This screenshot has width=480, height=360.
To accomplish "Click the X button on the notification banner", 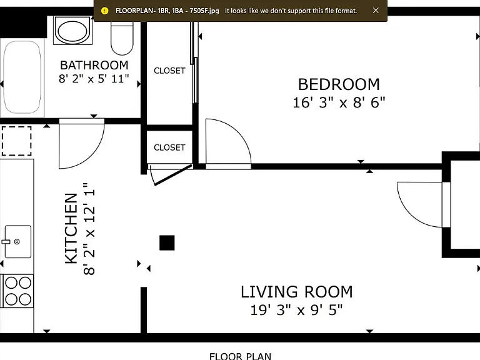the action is tap(376, 11).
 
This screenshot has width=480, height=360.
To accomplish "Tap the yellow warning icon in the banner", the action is tap(105, 11).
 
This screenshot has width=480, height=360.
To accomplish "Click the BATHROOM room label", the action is tap(94, 65).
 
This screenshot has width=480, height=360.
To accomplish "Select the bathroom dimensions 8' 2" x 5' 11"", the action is tap(94, 79).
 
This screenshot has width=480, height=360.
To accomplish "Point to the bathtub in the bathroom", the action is tap(22, 77).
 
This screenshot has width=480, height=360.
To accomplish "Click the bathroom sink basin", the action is tap(72, 31).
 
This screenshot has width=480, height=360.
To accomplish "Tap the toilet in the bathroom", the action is tap(122, 38).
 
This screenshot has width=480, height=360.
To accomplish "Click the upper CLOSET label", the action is tap(169, 71).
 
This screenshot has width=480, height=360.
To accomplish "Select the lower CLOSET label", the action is tap(169, 147).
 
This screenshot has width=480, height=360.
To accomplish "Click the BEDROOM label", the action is tap(339, 84).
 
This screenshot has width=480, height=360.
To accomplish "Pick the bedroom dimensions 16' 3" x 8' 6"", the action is tap(339, 102).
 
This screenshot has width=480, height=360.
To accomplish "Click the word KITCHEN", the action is tap(71, 228).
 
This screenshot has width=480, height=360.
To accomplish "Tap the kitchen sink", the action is tap(18, 241).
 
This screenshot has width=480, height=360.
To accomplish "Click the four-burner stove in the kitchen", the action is tap(17, 291).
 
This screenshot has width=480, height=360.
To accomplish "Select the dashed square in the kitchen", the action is tap(16, 141).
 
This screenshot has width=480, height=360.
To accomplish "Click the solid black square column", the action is tap(167, 242).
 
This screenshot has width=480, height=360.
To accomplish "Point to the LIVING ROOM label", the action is tap(297, 292).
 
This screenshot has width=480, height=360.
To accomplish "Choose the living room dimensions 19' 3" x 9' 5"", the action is tap(296, 310).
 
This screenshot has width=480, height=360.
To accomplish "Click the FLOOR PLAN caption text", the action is tap(240, 356).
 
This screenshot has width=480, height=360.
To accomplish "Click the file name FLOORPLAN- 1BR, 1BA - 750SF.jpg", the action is tap(167, 11).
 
